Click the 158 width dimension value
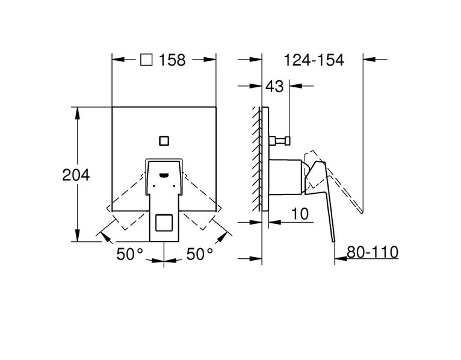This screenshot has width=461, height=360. click(172, 60)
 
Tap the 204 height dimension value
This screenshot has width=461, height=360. click(76, 175)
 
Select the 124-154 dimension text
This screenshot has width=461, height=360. click(314, 60)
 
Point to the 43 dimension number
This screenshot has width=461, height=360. click(274, 86)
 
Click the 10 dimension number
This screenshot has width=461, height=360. click(300, 214)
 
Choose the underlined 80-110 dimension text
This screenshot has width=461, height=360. click(373, 252)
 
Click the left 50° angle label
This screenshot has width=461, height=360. click(129, 254)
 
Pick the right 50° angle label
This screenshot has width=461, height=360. click(200, 254)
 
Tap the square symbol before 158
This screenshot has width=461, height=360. click(146, 60)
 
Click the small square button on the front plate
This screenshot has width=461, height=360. click(164, 141)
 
